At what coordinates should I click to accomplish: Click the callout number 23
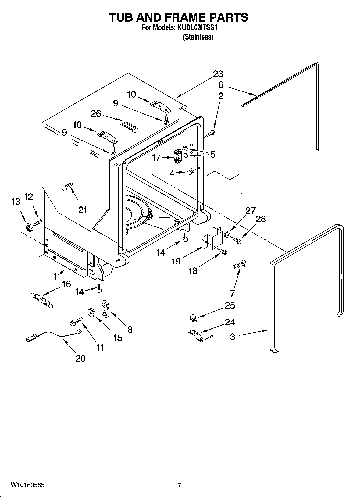(218, 74)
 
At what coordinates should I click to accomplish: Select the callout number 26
(96, 114)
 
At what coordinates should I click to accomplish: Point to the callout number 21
(83, 210)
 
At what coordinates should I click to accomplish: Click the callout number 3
(233, 337)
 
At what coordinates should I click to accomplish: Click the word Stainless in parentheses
(198, 37)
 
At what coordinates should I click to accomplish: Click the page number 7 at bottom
(180, 485)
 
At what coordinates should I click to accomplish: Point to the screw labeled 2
(211, 133)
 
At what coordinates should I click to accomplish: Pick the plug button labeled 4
(190, 172)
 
